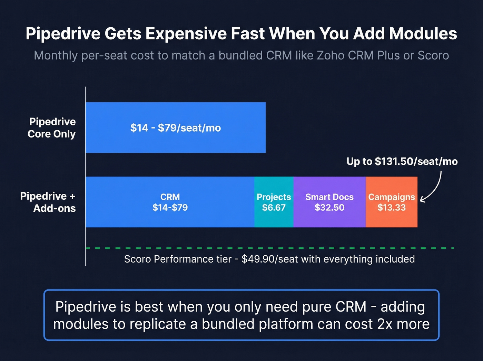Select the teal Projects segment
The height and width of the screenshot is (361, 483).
274,218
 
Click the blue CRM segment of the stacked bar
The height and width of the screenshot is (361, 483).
170,218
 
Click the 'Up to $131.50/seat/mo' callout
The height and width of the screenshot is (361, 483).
402,161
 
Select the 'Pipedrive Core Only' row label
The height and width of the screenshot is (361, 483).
52,128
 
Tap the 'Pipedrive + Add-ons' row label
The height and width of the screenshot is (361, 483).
48,202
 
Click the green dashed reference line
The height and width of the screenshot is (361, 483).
269,248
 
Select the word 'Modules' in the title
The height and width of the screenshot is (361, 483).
423,34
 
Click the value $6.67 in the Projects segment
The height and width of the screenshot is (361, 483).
274,208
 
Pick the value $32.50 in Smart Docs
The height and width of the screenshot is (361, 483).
329,208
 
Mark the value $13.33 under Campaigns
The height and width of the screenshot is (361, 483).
391,208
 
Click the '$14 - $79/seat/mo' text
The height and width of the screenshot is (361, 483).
175,128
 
